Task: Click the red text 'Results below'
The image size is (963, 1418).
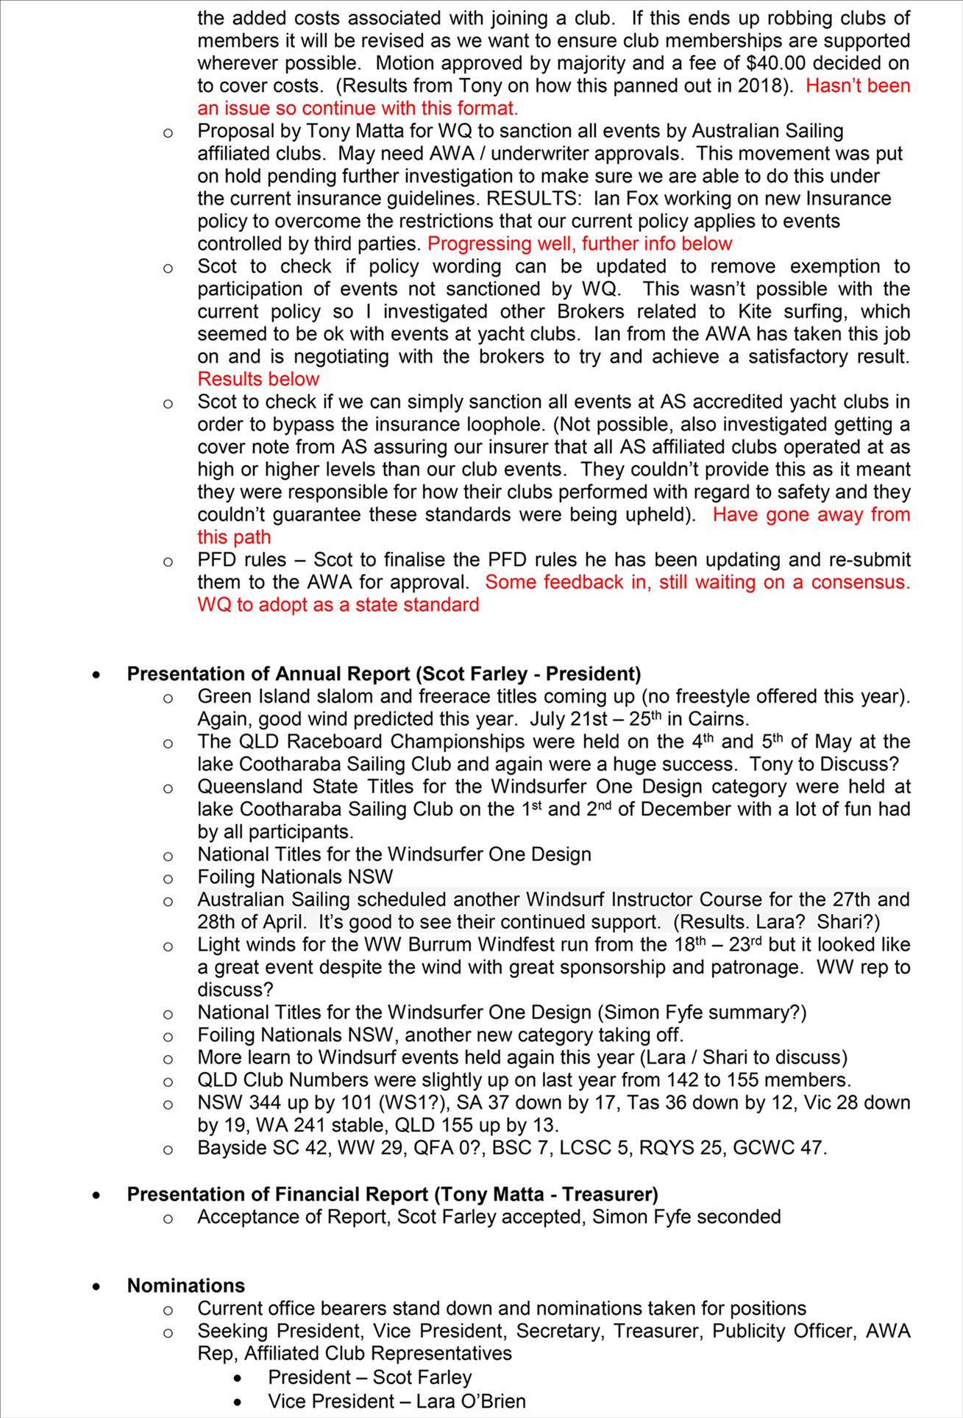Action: (x=258, y=379)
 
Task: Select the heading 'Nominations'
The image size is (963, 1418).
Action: (x=185, y=1286)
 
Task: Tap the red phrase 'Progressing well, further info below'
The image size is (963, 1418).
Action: (x=580, y=244)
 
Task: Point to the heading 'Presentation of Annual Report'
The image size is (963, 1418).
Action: (x=268, y=674)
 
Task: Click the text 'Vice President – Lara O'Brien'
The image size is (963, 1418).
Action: (x=397, y=1401)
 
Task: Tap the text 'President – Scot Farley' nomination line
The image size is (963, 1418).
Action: (x=369, y=1378)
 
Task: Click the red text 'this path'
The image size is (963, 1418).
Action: (x=234, y=537)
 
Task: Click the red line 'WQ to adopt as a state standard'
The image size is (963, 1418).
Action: (x=338, y=605)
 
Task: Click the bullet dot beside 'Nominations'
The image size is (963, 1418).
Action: (x=97, y=1287)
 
